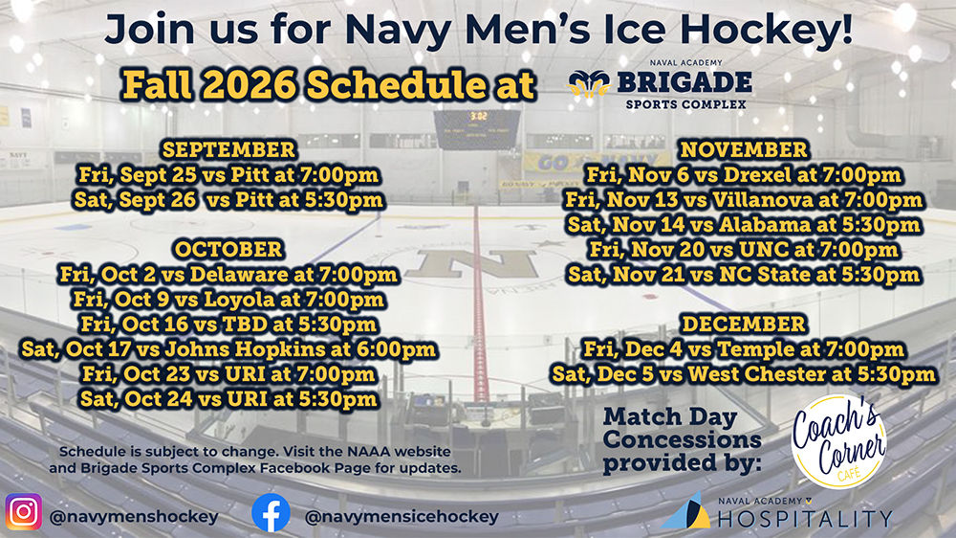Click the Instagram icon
pyautogui.click(x=23, y=512)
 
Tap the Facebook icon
pyautogui.click(x=271, y=512)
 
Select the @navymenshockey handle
pyautogui.click(x=134, y=517)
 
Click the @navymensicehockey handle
pyautogui.click(x=402, y=517)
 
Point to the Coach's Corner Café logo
pyautogui.click(x=838, y=441)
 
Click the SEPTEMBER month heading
pyautogui.click(x=228, y=149)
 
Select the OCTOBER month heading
pyautogui.click(x=228, y=249)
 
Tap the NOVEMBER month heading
pyautogui.click(x=744, y=149)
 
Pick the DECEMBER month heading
pyautogui.click(x=744, y=324)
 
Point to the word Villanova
pyautogui.click(x=762, y=200)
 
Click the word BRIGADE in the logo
pyautogui.click(x=684, y=82)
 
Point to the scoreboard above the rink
pyautogui.click(x=477, y=129)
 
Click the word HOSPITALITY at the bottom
pyautogui.click(x=804, y=520)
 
